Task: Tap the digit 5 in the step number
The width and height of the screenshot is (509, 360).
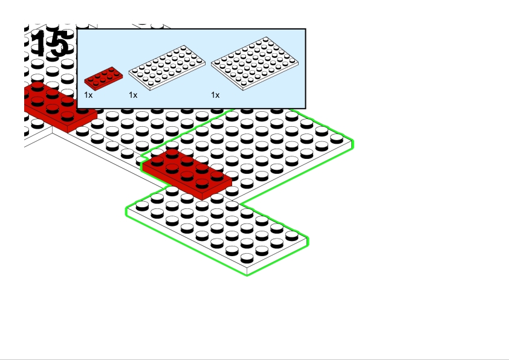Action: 59,43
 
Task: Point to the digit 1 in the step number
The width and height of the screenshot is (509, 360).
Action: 41,43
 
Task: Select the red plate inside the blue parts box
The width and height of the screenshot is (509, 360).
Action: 103,79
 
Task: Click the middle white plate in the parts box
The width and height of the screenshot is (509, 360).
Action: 167,68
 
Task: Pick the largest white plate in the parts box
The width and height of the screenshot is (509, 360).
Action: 254,63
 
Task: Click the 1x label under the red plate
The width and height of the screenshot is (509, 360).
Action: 88,95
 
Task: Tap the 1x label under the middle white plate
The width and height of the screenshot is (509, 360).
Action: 133,95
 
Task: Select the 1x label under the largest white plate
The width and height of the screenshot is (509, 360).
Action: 215,95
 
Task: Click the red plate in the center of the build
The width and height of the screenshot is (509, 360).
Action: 186,174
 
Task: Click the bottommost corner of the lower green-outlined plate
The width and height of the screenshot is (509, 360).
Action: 247,275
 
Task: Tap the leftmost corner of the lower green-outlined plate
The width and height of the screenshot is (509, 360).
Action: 126,211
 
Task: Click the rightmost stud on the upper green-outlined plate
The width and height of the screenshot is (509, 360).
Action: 337,138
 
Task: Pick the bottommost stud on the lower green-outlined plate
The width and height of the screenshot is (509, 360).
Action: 247,258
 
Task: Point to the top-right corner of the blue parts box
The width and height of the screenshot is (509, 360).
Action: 305,29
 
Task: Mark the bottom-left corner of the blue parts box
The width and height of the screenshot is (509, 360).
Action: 77,108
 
